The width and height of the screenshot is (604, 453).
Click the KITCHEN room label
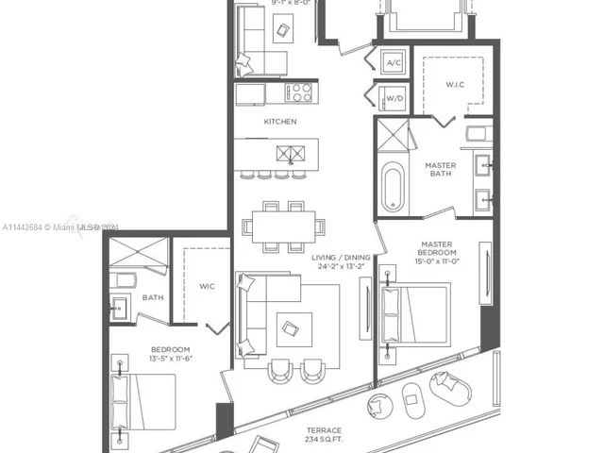point(279,122)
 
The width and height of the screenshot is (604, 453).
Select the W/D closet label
point(394,96)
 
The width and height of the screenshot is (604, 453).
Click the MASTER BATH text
point(440,170)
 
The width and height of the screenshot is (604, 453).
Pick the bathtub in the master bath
point(393,186)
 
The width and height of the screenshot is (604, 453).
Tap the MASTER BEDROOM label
point(439,248)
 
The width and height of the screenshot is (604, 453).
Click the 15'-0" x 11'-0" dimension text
point(439,261)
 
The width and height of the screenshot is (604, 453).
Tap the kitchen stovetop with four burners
point(299,92)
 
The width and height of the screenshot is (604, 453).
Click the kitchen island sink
point(290,153)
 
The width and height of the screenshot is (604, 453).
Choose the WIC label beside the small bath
point(208,286)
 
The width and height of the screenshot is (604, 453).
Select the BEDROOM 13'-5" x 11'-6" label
point(171,354)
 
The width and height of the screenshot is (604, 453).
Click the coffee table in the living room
point(290,328)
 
